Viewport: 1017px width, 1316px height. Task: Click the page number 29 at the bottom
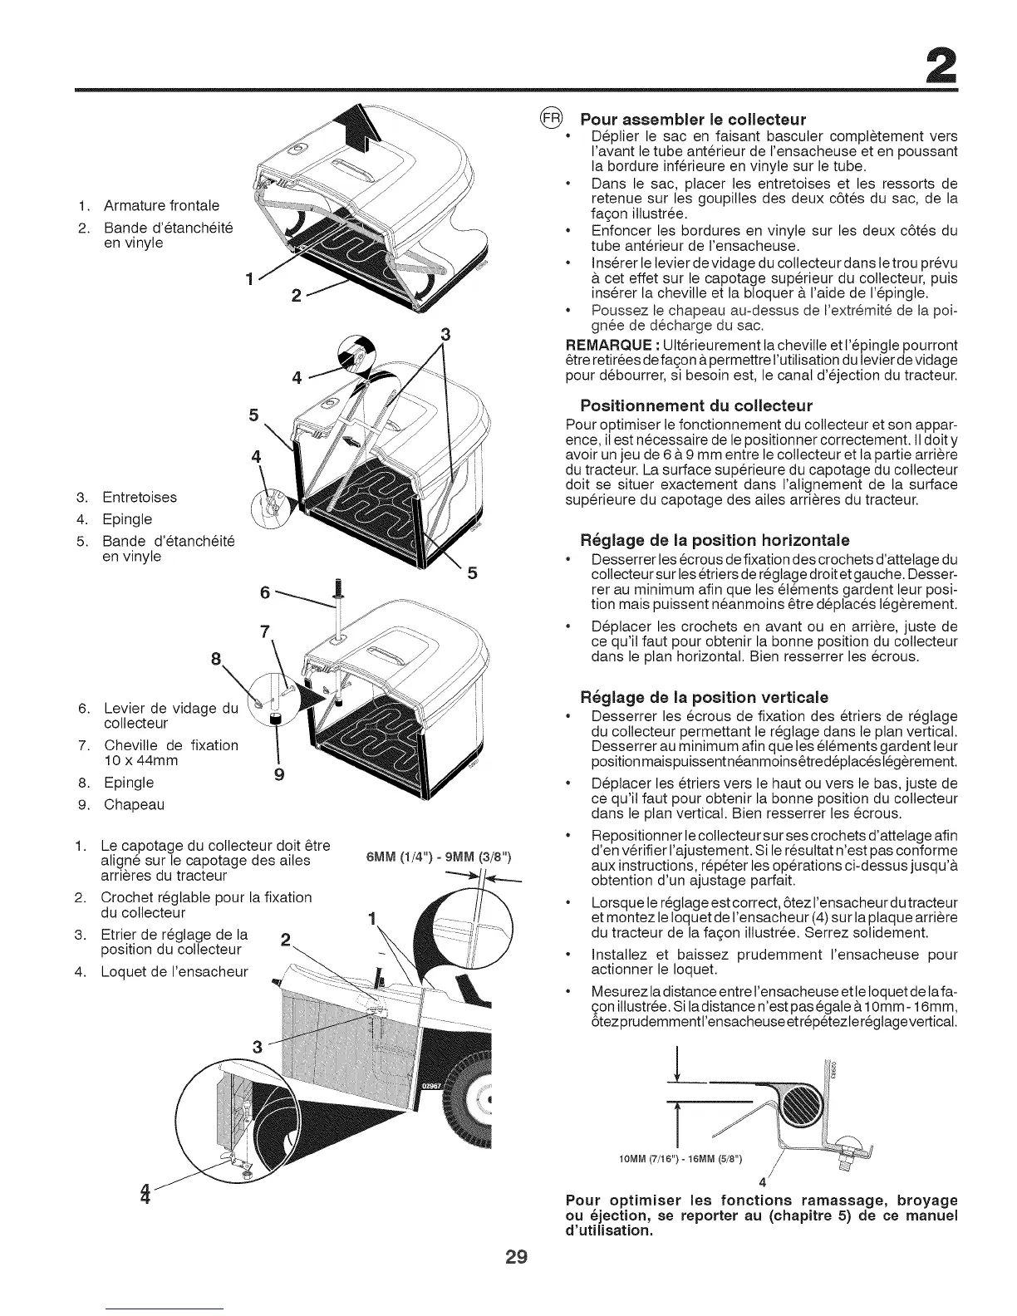[x=508, y=1256]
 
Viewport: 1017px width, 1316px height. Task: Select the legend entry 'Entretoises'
[x=140, y=498]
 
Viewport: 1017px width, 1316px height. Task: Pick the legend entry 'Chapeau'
[x=134, y=804]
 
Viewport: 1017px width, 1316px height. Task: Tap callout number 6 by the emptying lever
[x=265, y=593]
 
